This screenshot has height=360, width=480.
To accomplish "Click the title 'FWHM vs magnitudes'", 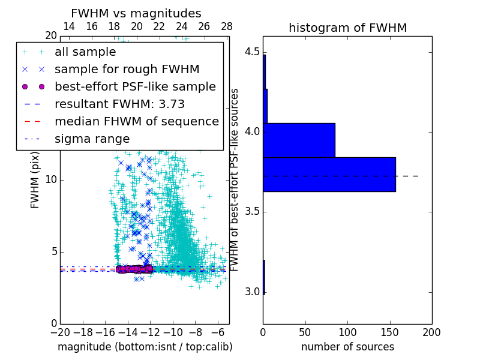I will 136,13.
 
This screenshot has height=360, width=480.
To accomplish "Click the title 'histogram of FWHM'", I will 347,28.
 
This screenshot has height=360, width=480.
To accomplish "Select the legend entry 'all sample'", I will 85,52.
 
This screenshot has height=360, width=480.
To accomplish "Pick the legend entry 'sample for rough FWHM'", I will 127,70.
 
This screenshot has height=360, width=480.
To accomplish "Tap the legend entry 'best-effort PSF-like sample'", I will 135,87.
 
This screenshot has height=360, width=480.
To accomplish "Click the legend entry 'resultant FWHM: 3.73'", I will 119,104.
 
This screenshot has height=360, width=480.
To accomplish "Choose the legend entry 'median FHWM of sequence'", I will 136,122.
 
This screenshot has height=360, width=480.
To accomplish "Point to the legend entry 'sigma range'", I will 92,139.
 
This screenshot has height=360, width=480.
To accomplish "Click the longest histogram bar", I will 329,175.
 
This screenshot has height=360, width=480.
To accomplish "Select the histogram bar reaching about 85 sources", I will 299,140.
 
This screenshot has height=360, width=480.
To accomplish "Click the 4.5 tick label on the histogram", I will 252,52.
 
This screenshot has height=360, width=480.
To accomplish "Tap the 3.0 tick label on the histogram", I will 252,292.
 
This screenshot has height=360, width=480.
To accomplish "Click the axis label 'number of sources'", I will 347,347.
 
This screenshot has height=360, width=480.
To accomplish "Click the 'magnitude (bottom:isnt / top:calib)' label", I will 145,347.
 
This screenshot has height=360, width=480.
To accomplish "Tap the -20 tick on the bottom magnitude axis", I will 60,332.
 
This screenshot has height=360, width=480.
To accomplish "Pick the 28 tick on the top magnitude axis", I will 227,26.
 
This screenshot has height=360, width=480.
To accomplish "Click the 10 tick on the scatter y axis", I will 50,180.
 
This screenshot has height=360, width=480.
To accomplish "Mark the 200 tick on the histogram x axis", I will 431,332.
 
